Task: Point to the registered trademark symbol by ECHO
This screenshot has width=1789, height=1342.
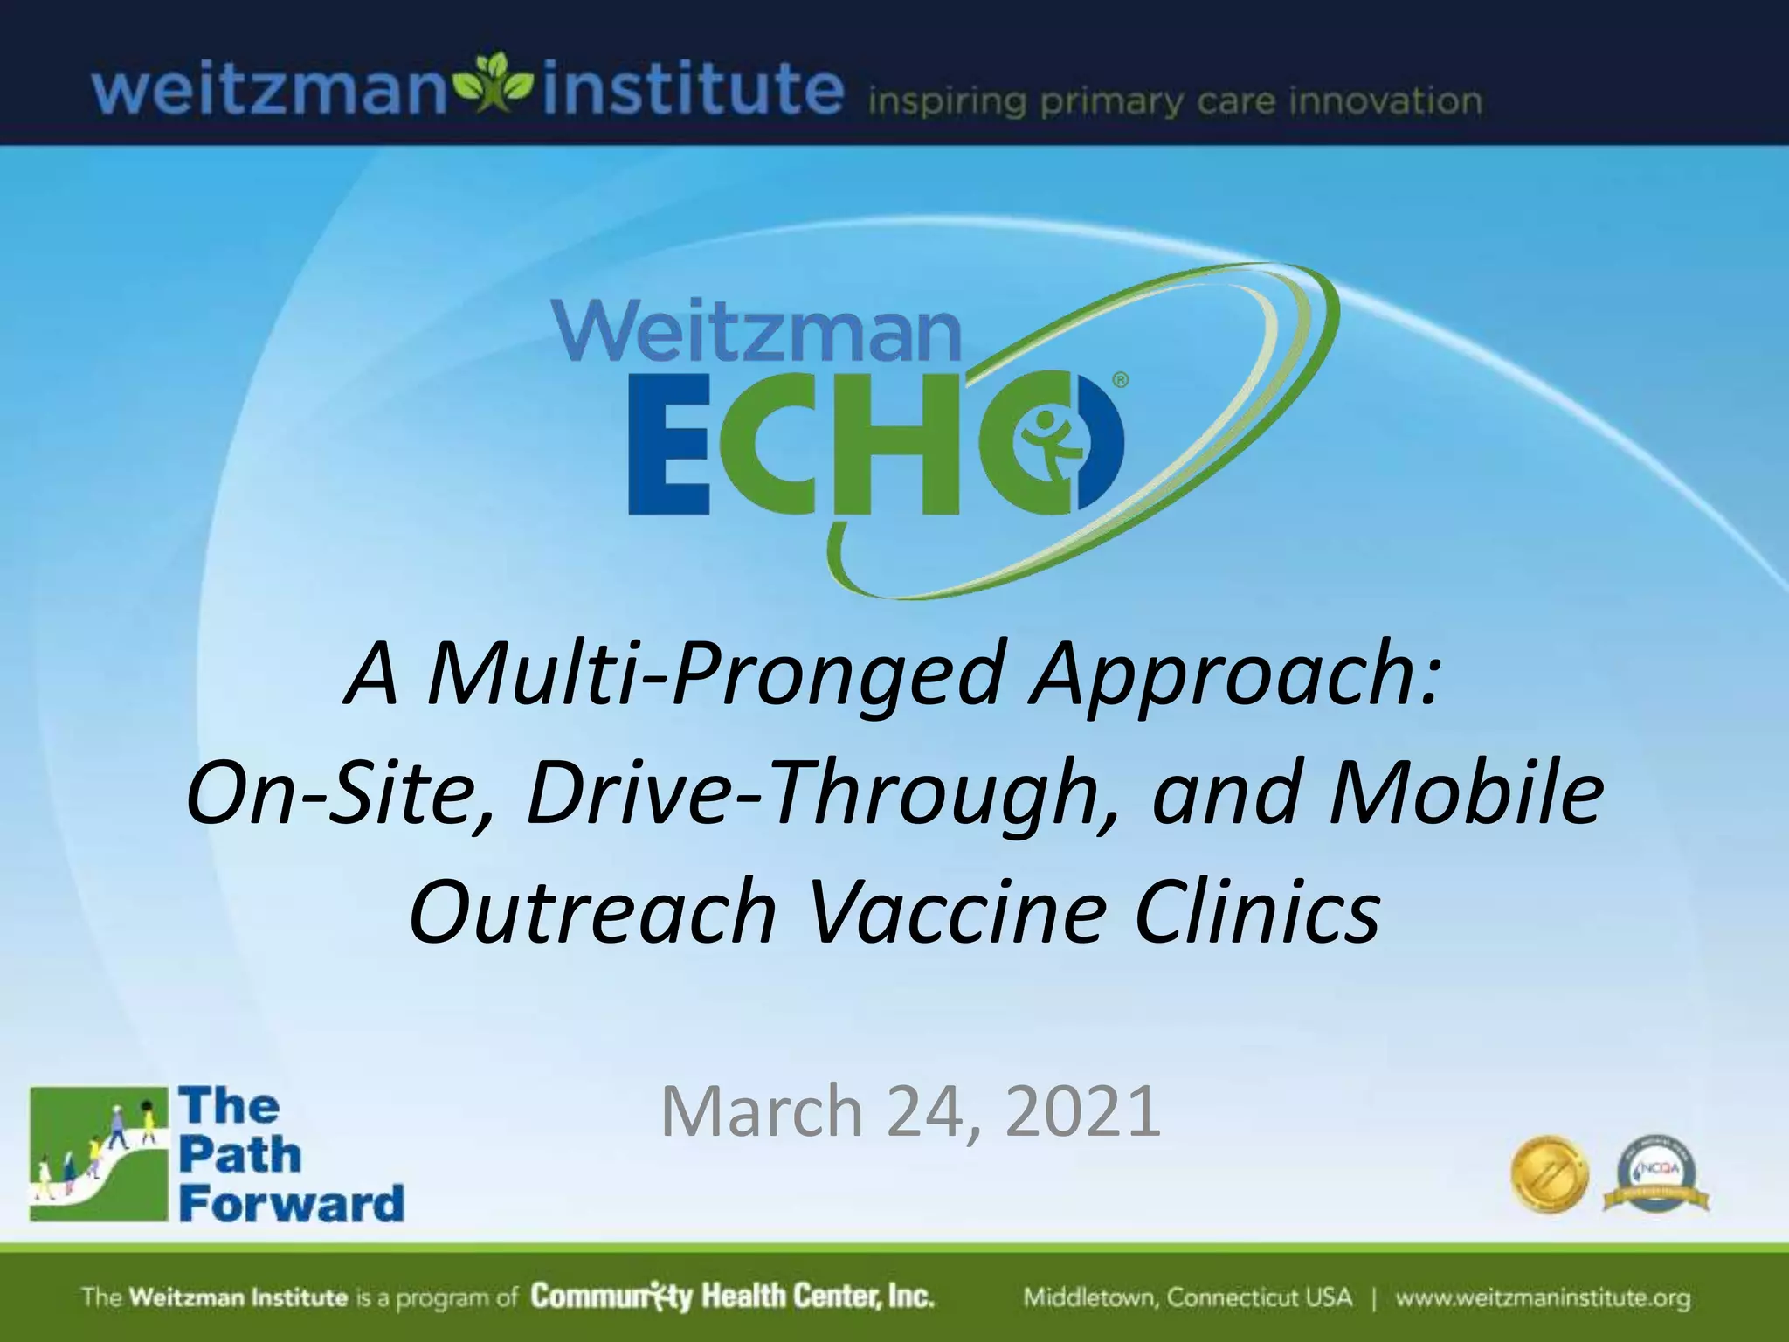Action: [1121, 381]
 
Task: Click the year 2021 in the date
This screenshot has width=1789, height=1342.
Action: [1082, 1110]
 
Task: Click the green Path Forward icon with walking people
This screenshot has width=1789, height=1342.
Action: [98, 1154]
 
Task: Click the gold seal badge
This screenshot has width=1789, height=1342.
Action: [1550, 1174]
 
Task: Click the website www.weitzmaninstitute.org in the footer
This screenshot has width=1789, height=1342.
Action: [1542, 1297]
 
